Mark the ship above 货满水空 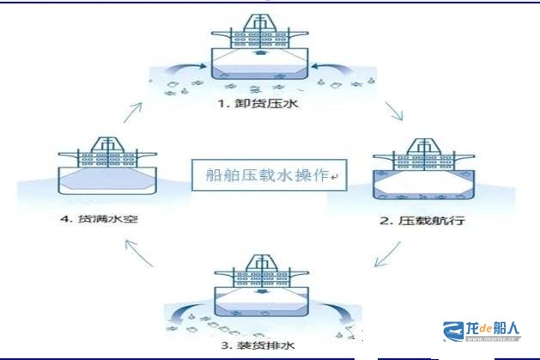(x=100, y=169)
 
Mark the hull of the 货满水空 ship (x=100, y=180)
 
